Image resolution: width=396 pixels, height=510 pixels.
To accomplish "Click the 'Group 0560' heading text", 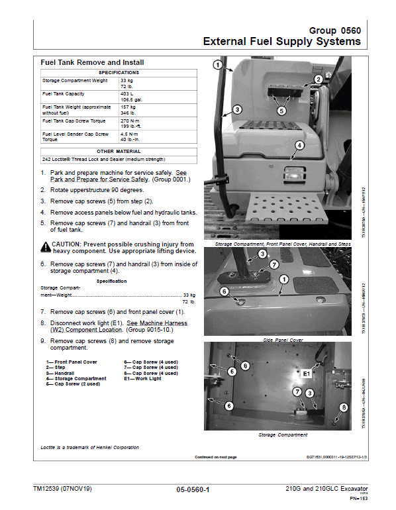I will [334, 30].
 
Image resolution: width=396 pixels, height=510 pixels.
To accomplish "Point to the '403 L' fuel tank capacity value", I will [126, 94].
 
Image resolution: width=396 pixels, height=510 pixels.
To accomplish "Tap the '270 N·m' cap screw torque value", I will [129, 121].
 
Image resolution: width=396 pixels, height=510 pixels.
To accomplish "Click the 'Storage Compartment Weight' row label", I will [75, 80].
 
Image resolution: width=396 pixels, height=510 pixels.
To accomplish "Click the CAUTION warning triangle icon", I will [46, 246].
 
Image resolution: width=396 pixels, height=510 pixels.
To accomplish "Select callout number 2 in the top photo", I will [319, 79].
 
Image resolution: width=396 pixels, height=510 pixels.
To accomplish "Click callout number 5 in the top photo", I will [281, 111].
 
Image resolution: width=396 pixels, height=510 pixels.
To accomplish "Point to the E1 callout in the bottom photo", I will [306, 374].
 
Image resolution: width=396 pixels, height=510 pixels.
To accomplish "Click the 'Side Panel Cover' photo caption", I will [283, 340].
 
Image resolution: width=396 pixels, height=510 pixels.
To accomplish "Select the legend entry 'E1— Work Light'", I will [142, 379].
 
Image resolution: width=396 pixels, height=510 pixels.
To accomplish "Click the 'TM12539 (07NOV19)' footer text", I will [64, 489].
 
